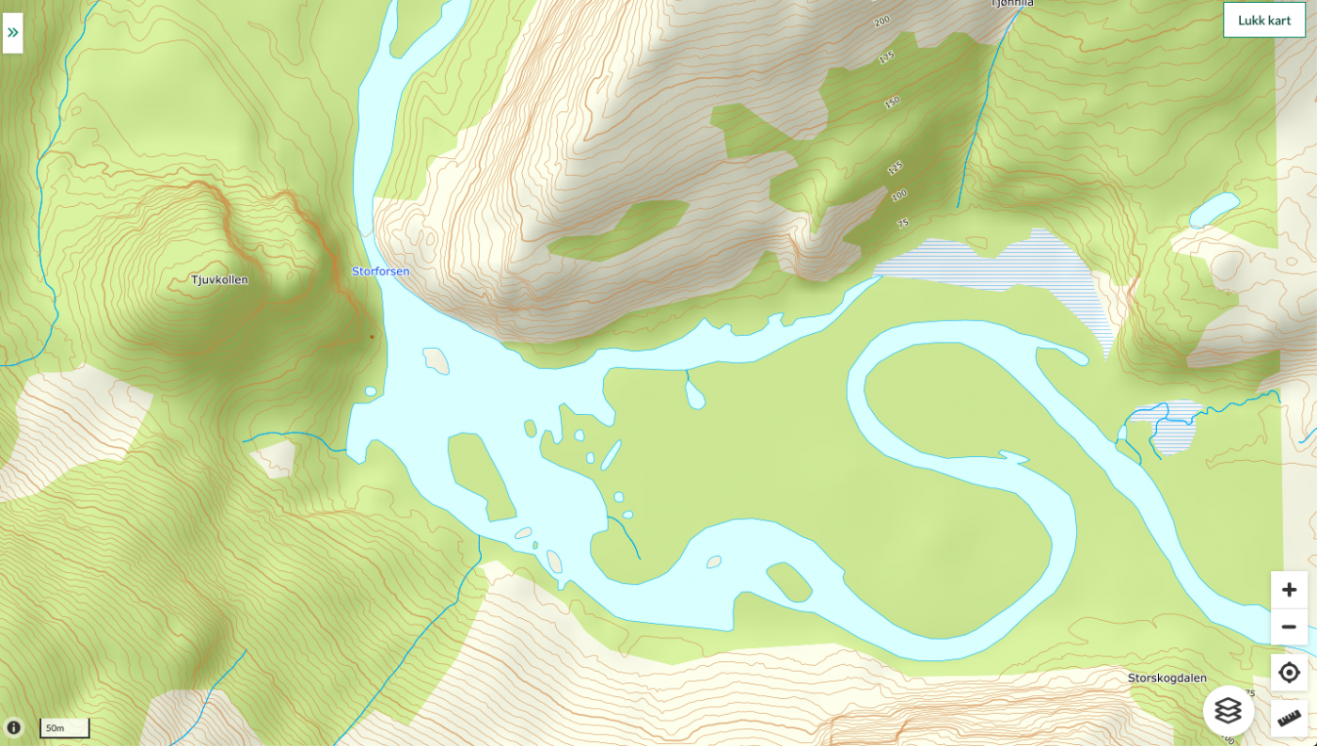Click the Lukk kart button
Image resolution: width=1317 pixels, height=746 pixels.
(1263, 20)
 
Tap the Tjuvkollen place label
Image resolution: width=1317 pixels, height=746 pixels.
(219, 279)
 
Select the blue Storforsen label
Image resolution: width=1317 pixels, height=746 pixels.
(380, 271)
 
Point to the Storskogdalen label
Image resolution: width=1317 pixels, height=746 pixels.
(1166, 677)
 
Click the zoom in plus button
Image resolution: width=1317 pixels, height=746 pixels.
(1289, 590)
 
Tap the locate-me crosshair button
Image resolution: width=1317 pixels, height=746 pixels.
(1289, 673)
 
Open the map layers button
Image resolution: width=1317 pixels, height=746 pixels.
(1228, 710)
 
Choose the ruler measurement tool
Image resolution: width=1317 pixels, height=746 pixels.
(1289, 718)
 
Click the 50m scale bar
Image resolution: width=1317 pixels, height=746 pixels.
(64, 728)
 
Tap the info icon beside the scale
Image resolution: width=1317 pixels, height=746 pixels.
(13, 727)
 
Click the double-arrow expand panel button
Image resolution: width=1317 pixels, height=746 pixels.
(12, 33)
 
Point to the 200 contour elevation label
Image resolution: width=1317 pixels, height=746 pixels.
(881, 21)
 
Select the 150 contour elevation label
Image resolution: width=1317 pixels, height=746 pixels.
(892, 102)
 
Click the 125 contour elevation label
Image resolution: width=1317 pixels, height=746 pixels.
(895, 167)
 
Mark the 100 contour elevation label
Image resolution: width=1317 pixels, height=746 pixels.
(899, 195)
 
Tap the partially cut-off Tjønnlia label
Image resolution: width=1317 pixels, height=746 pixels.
(1011, 4)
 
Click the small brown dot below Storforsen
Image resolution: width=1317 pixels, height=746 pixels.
(372, 336)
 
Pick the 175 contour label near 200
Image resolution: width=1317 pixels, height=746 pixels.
(885, 57)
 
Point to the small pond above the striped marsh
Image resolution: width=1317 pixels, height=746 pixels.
(1214, 210)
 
